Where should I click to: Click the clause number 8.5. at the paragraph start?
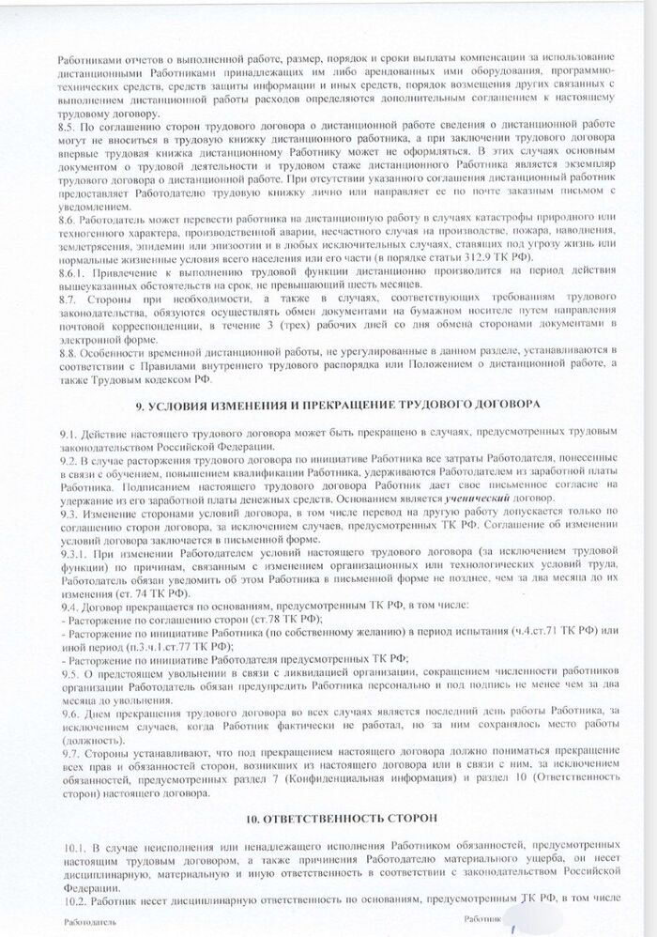tap(67, 124)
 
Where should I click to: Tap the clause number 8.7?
tap(67, 298)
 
